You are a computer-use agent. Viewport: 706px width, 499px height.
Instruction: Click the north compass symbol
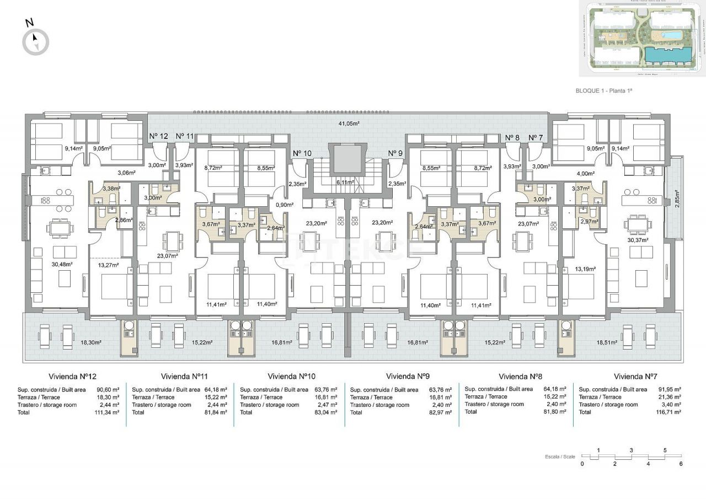click(36, 41)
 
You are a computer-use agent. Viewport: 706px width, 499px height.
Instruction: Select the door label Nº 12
click(159, 136)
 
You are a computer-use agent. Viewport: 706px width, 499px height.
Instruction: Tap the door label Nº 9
click(395, 153)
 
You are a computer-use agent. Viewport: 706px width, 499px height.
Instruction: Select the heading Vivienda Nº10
click(291, 377)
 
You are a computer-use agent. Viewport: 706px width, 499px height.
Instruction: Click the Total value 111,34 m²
click(107, 412)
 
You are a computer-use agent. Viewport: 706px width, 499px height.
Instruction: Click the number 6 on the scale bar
click(681, 464)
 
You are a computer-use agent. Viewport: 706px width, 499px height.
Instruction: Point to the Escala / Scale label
click(560, 457)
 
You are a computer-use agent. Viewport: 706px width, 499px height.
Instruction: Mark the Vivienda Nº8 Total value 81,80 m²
click(555, 412)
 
